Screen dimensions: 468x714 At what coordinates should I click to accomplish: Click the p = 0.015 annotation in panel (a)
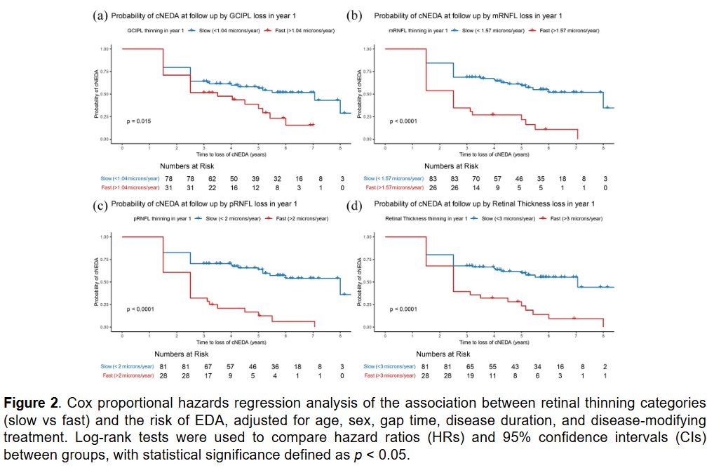coord(139,121)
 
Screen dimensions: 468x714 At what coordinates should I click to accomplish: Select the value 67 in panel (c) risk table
coord(205,366)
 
